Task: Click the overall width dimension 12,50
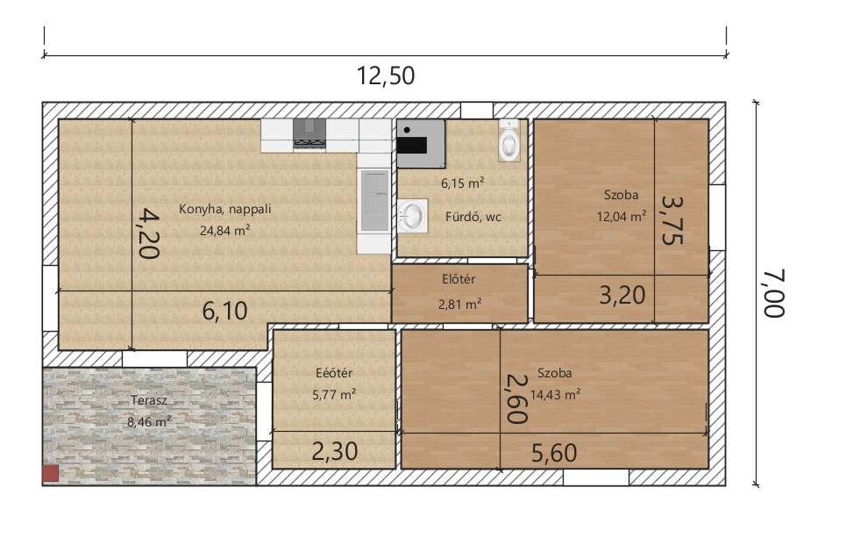386,75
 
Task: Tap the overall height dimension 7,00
774,293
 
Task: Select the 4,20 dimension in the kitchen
148,233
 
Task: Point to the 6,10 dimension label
225,311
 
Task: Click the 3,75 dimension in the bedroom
672,219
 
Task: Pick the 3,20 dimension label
622,295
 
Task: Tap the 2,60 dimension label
515,399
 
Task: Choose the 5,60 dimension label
554,453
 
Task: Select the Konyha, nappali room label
225,209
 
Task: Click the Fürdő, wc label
473,217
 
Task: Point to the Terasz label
149,401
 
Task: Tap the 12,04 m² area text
621,217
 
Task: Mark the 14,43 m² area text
555,394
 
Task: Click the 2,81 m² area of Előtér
459,305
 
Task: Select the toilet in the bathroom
508,140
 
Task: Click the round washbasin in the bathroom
413,216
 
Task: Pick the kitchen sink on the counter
374,200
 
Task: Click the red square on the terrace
51,474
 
